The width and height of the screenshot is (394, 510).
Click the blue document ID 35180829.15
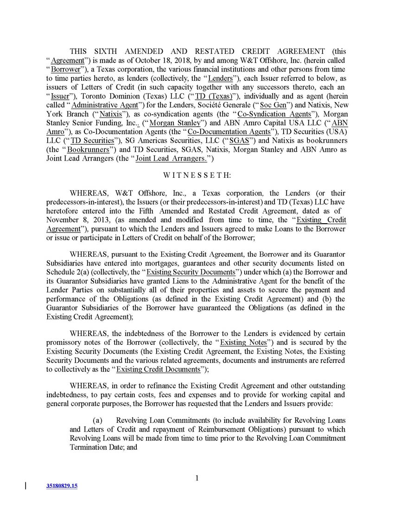point(62,486)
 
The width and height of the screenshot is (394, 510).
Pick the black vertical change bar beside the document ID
point(25,486)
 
